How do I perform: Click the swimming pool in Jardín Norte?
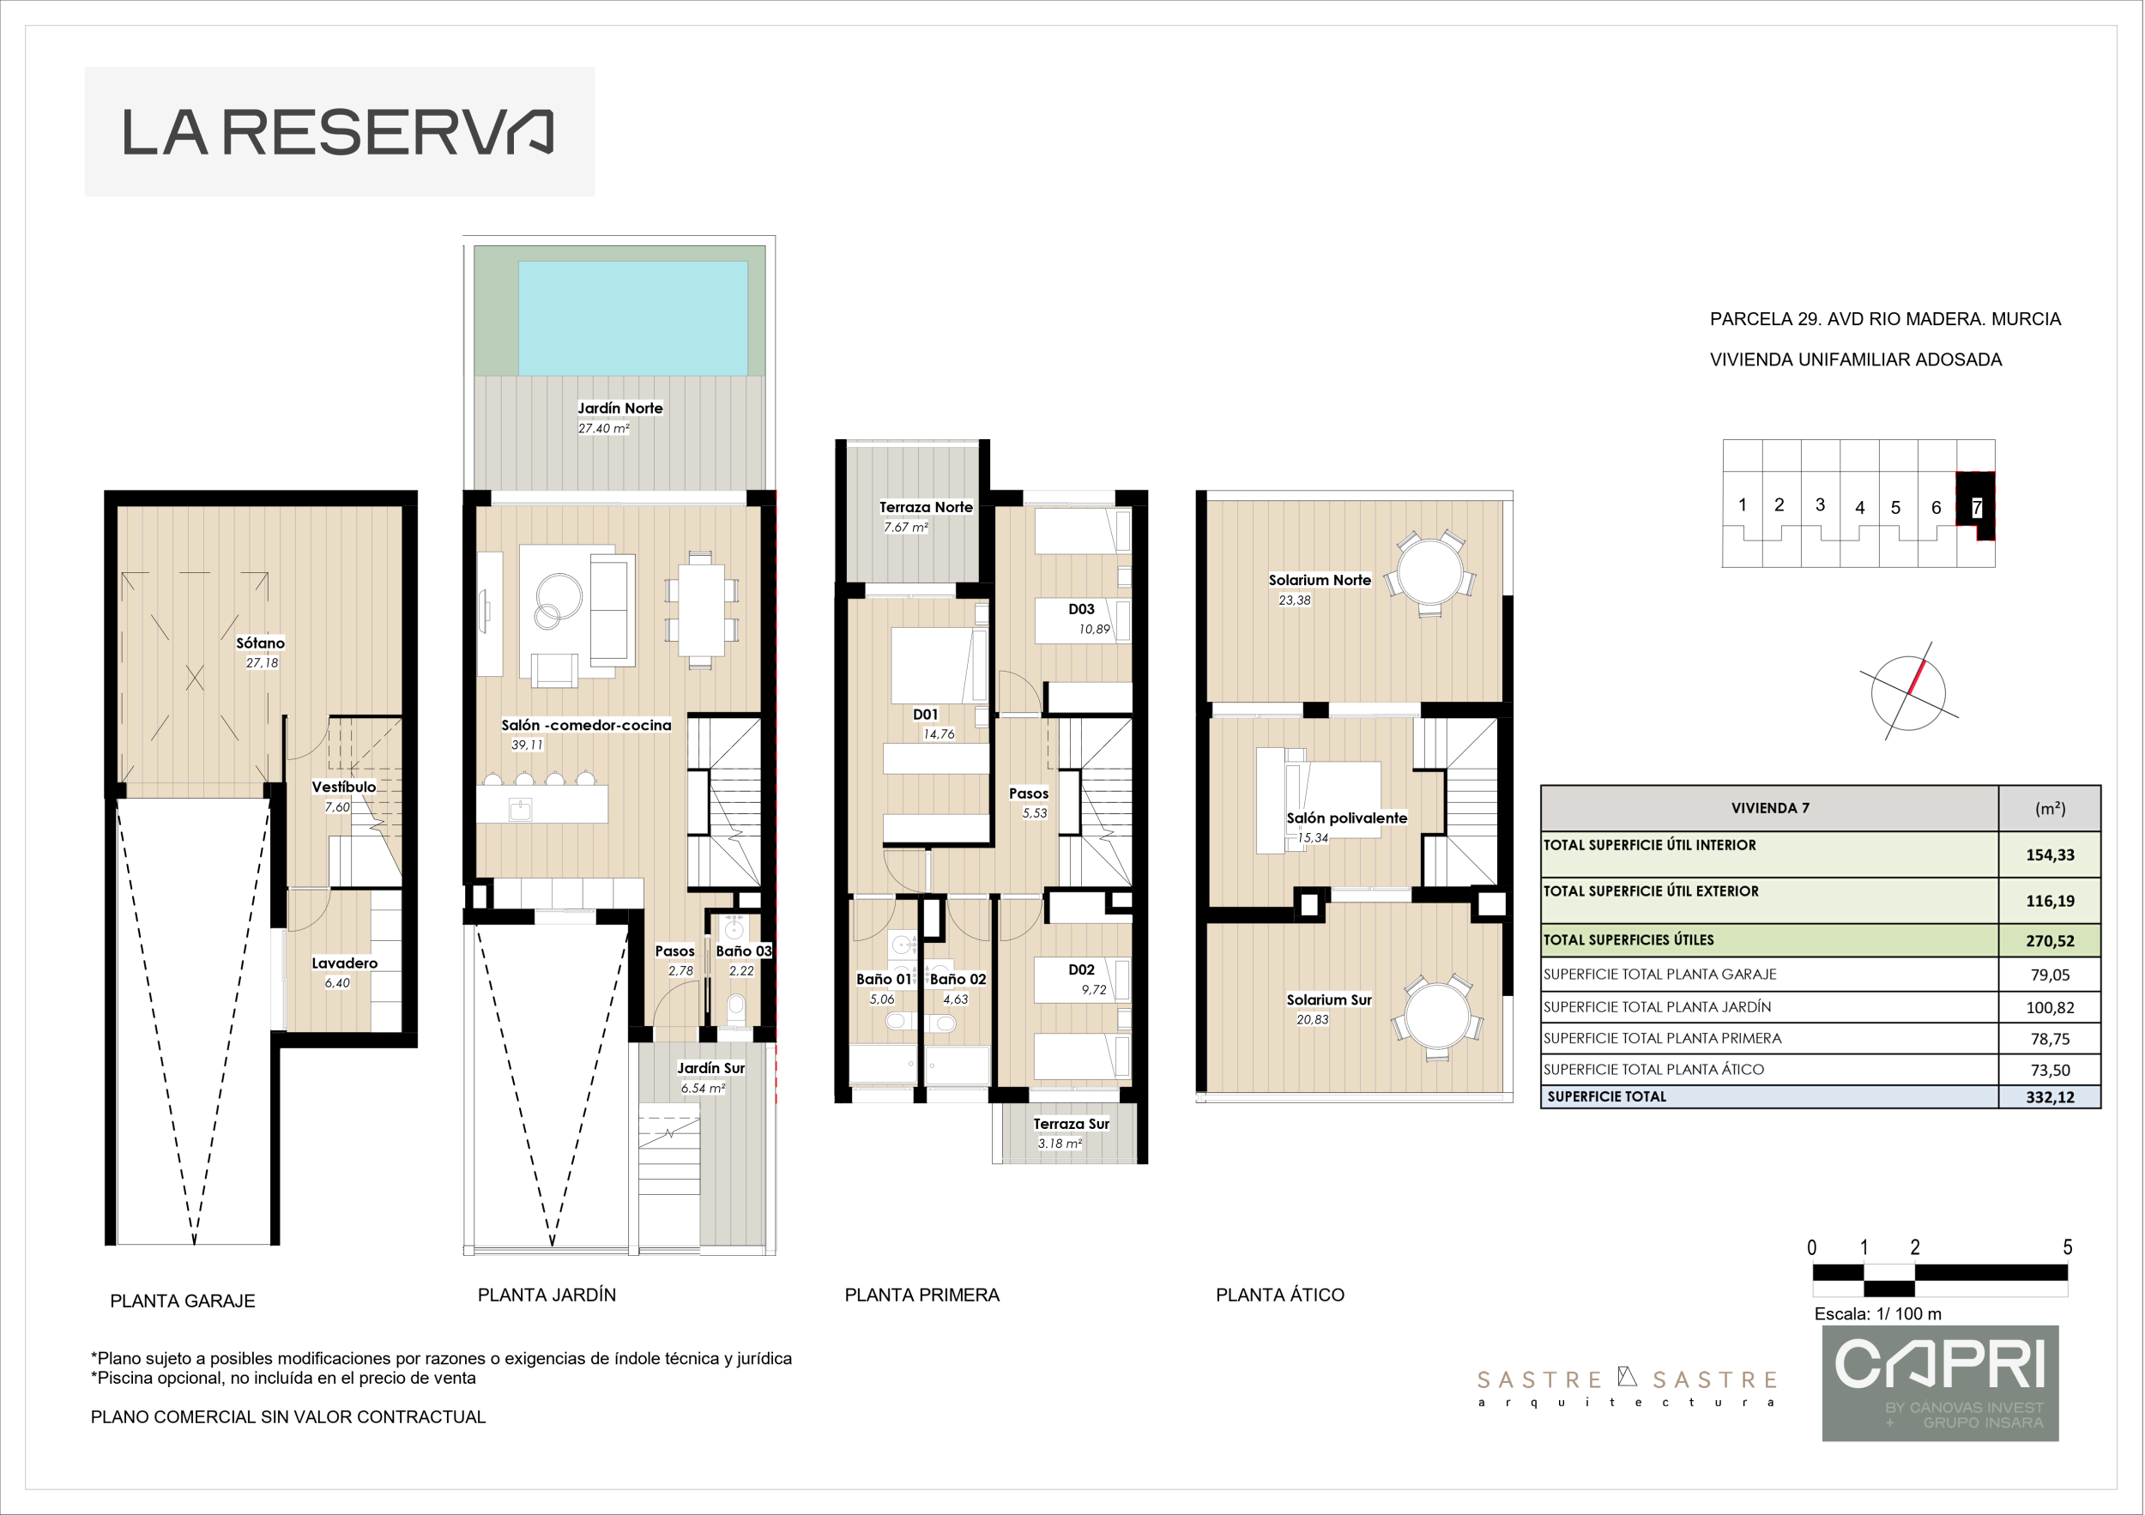click(x=632, y=317)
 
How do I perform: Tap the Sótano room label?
click(x=260, y=643)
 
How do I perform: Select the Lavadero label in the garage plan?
click(x=345, y=963)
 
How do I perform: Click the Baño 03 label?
click(x=744, y=951)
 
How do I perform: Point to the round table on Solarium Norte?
click(x=1429, y=572)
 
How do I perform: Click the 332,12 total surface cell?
click(x=2050, y=1097)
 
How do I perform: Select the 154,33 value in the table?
click(x=2050, y=854)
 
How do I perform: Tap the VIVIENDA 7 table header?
click(x=1769, y=808)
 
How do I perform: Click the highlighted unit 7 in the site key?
click(x=1976, y=506)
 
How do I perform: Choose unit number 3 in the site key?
click(x=1820, y=504)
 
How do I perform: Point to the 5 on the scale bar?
click(x=2068, y=1247)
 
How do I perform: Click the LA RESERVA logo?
click(x=339, y=132)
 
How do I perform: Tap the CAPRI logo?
click(x=1941, y=1383)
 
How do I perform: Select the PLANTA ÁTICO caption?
click(x=1280, y=1295)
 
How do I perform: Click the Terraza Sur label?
click(x=1071, y=1124)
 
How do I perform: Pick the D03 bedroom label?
click(x=1081, y=609)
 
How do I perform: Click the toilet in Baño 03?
click(x=736, y=1008)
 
